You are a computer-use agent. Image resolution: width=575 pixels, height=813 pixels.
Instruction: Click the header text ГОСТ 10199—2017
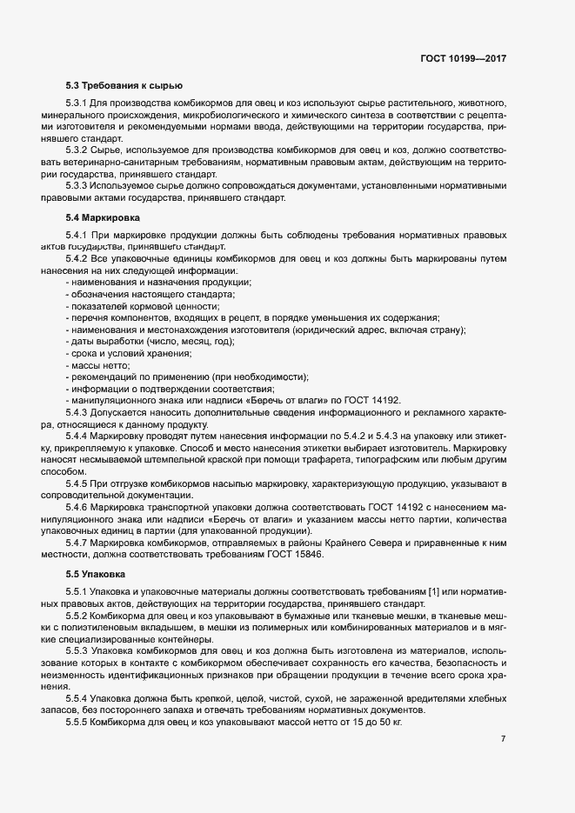coord(462,58)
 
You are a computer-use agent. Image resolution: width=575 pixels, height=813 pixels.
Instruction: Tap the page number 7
coord(503,738)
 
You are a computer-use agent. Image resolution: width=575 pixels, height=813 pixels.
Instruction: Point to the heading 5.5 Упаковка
coord(96,575)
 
